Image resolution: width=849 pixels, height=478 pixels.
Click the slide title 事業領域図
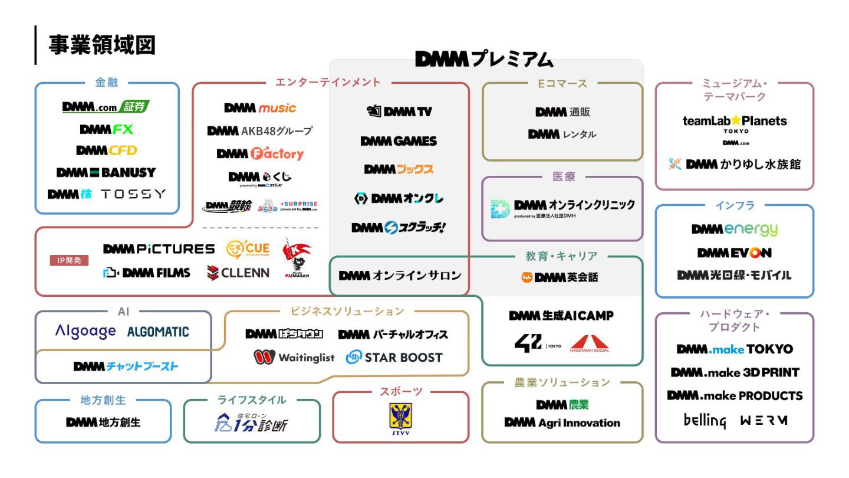point(102,44)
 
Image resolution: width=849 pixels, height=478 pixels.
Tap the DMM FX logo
point(106,129)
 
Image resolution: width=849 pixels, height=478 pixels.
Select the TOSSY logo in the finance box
point(133,194)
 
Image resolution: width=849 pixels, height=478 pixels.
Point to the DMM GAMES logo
point(399,141)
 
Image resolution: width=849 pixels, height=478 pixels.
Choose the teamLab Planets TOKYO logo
point(734,123)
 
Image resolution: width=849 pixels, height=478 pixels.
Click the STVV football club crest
point(400,418)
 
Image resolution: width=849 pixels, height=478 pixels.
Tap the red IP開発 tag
point(70,260)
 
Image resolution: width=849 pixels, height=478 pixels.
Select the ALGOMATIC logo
point(158,332)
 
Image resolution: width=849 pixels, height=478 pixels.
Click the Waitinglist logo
point(294,357)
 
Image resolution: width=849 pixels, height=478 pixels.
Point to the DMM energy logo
point(734,229)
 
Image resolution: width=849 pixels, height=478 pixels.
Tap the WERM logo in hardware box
point(764,421)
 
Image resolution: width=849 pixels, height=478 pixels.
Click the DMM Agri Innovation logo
point(562,423)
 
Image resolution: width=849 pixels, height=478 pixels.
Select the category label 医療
point(563,176)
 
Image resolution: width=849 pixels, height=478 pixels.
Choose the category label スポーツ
point(400,391)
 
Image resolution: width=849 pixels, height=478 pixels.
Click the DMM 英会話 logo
point(560,277)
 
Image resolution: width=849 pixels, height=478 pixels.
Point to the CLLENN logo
point(238,273)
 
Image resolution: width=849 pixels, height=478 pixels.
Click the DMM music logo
point(260,108)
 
